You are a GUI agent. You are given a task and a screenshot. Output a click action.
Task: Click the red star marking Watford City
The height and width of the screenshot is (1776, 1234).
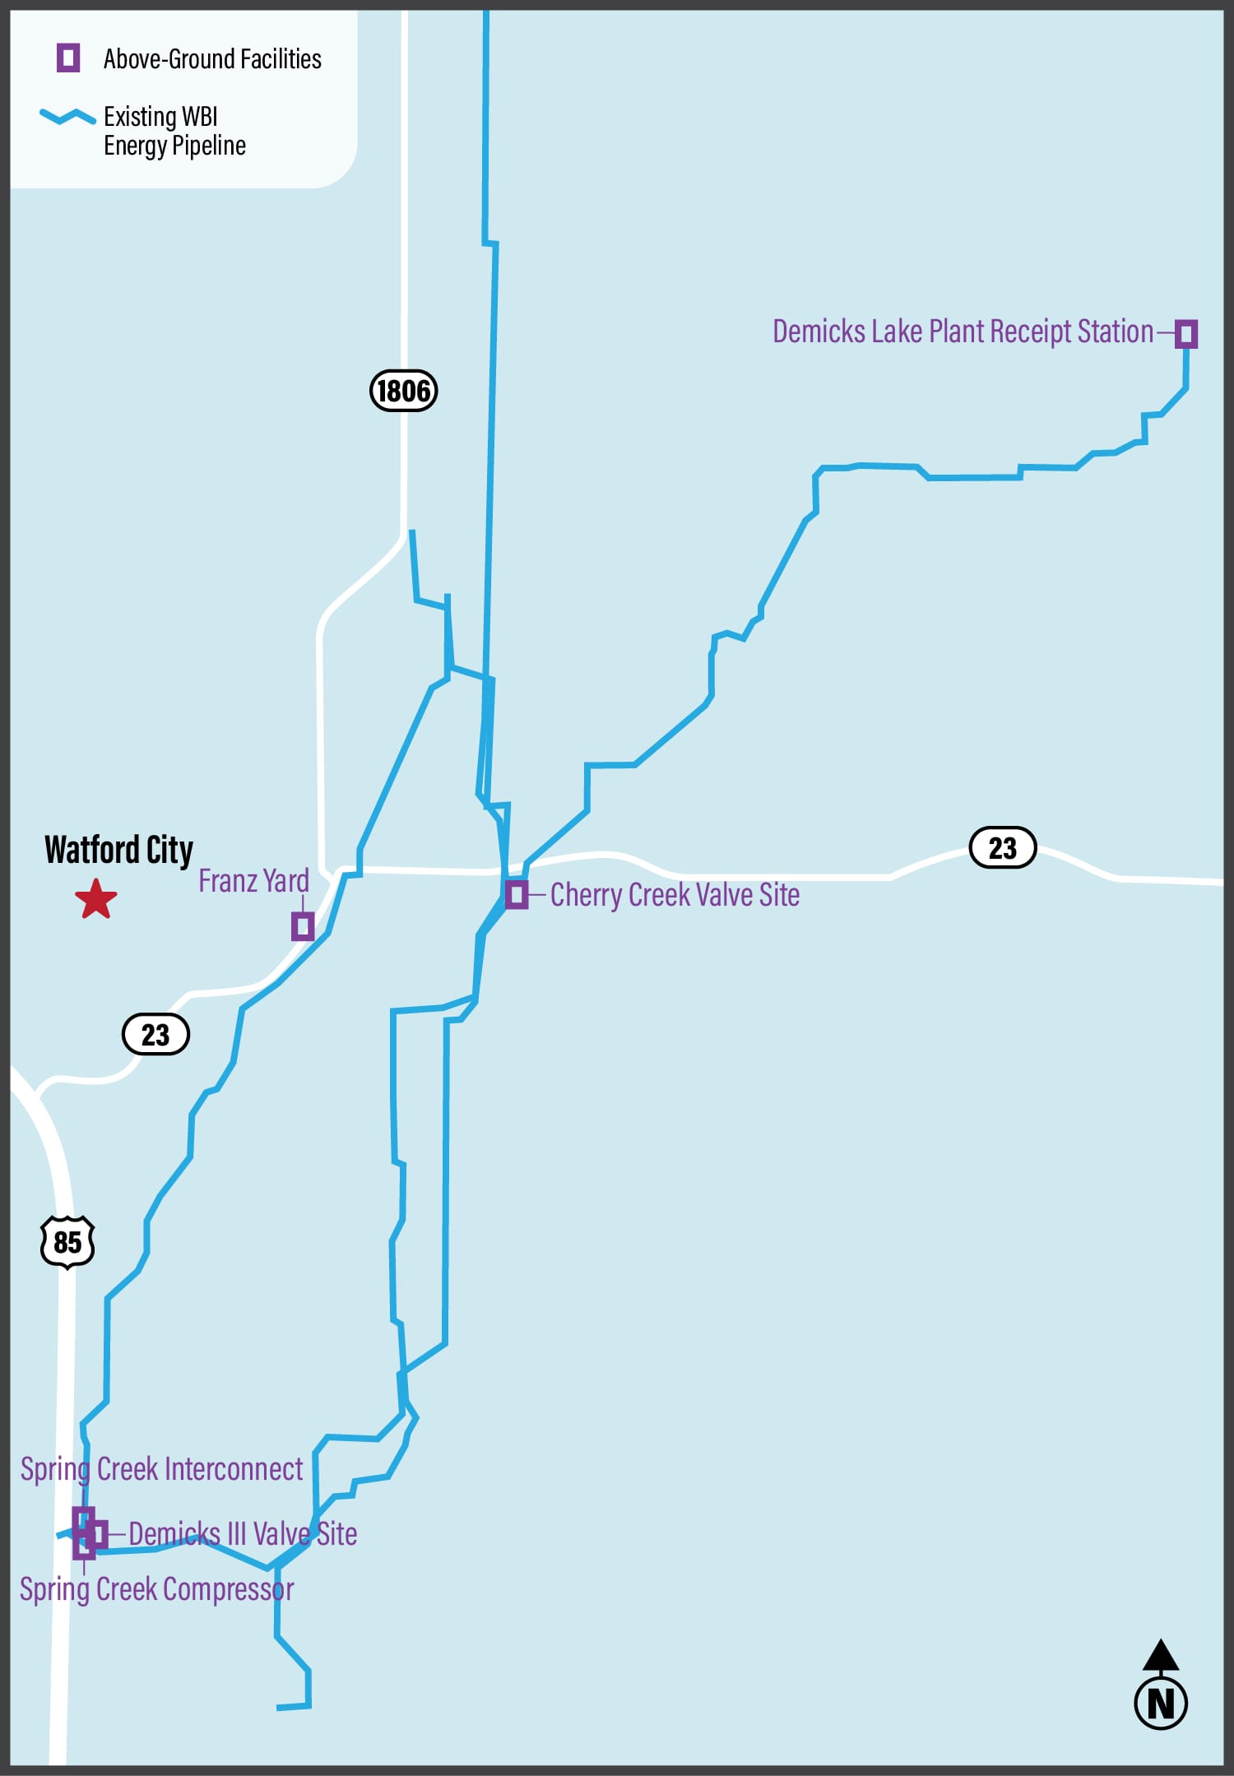pos(96,899)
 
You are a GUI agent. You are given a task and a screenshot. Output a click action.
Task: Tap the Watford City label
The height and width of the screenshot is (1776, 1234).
pos(118,850)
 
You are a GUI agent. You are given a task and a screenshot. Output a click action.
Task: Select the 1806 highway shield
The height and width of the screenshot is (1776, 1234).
pos(403,390)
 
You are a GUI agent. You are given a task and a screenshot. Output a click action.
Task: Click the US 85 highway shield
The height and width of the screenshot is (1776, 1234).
pos(67,1241)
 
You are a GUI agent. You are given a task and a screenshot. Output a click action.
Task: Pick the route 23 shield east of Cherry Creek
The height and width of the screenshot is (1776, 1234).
pos(1002,847)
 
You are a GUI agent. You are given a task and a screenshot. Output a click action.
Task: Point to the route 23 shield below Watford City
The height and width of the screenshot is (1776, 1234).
pos(155,1034)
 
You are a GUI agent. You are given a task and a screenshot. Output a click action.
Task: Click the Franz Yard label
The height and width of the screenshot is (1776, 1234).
pos(253,881)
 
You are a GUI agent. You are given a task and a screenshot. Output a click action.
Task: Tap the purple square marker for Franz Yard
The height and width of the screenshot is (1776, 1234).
pos(303,926)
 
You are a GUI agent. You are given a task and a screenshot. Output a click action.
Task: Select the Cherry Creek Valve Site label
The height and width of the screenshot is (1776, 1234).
pos(675,895)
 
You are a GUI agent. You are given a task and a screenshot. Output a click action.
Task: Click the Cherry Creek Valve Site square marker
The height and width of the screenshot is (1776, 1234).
pos(517,893)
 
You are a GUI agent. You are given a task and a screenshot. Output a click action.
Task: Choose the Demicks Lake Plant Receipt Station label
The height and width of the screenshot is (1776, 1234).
pos(963,332)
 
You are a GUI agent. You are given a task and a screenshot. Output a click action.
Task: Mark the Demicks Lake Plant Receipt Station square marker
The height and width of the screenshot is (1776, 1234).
pos(1185,334)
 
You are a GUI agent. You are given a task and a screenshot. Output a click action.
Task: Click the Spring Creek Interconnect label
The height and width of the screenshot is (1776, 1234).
pos(161,1469)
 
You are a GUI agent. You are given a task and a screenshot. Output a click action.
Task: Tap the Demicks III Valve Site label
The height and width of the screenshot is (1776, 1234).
pos(243,1534)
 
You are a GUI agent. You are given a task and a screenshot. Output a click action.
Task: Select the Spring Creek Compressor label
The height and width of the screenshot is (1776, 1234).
pos(156,1588)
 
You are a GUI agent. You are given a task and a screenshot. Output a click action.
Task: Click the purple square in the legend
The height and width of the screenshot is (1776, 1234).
pos(68,58)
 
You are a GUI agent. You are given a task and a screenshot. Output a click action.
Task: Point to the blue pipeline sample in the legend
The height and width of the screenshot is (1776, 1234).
pos(67,117)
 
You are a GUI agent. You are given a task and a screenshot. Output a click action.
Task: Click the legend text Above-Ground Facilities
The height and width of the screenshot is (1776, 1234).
pos(212,59)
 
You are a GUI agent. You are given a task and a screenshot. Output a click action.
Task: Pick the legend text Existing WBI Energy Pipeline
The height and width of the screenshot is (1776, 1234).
pos(174,131)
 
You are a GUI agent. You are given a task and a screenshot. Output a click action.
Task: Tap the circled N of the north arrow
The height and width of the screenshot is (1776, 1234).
pos(1160,1703)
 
